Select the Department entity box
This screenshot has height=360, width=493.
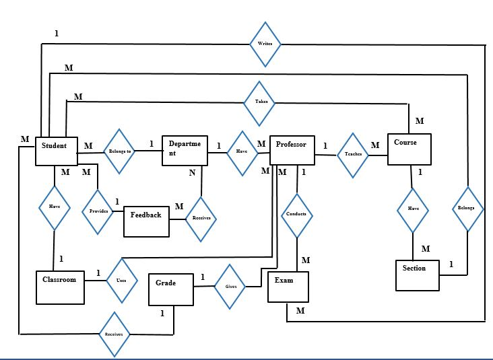(184, 149)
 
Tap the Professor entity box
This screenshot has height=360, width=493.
(292, 149)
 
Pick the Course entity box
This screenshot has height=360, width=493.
(409, 149)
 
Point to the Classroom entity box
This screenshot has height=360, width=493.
(61, 287)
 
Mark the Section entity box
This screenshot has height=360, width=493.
(416, 275)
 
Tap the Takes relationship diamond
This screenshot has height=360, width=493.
(260, 103)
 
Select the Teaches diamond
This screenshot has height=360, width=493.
(353, 154)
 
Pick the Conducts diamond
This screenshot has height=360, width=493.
(296, 215)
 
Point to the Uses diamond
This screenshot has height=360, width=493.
(121, 280)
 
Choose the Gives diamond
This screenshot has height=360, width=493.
(230, 287)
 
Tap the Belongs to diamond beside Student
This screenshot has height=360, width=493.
(120, 152)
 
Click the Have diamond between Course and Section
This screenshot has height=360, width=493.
(412, 210)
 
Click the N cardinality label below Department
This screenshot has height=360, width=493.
(192, 173)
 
